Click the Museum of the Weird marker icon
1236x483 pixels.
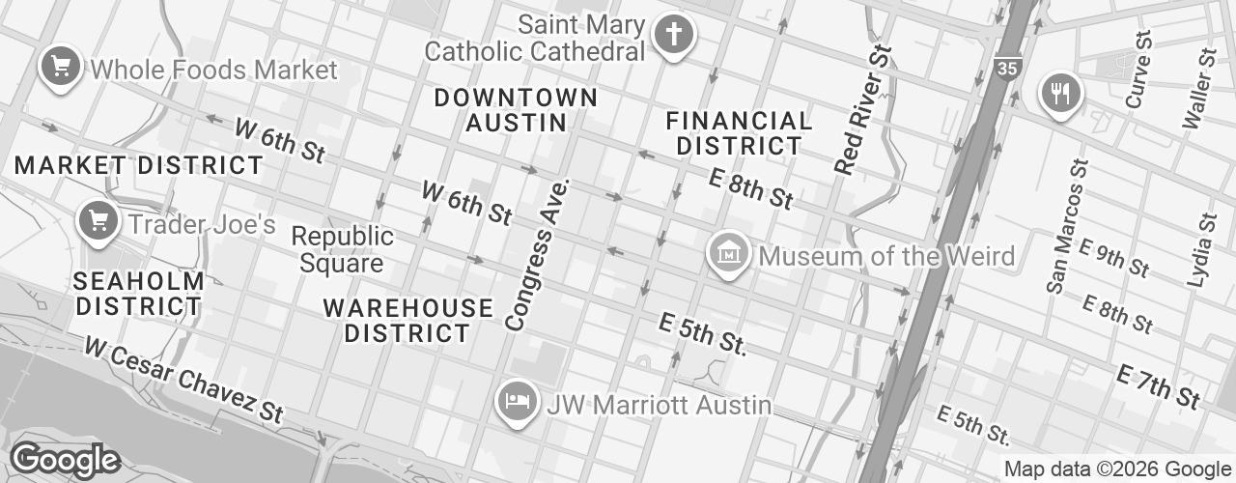click(729, 254)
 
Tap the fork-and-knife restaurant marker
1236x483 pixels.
click(1061, 94)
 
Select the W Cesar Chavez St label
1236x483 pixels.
click(183, 378)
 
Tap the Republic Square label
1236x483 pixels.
click(343, 249)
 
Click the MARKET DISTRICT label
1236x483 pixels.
click(139, 165)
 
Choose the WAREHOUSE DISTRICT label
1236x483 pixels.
click(407, 321)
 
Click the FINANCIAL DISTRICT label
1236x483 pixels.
click(739, 133)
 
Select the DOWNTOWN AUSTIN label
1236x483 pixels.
click(516, 110)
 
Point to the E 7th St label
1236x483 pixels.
click(1159, 385)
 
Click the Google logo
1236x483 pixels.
click(65, 460)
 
